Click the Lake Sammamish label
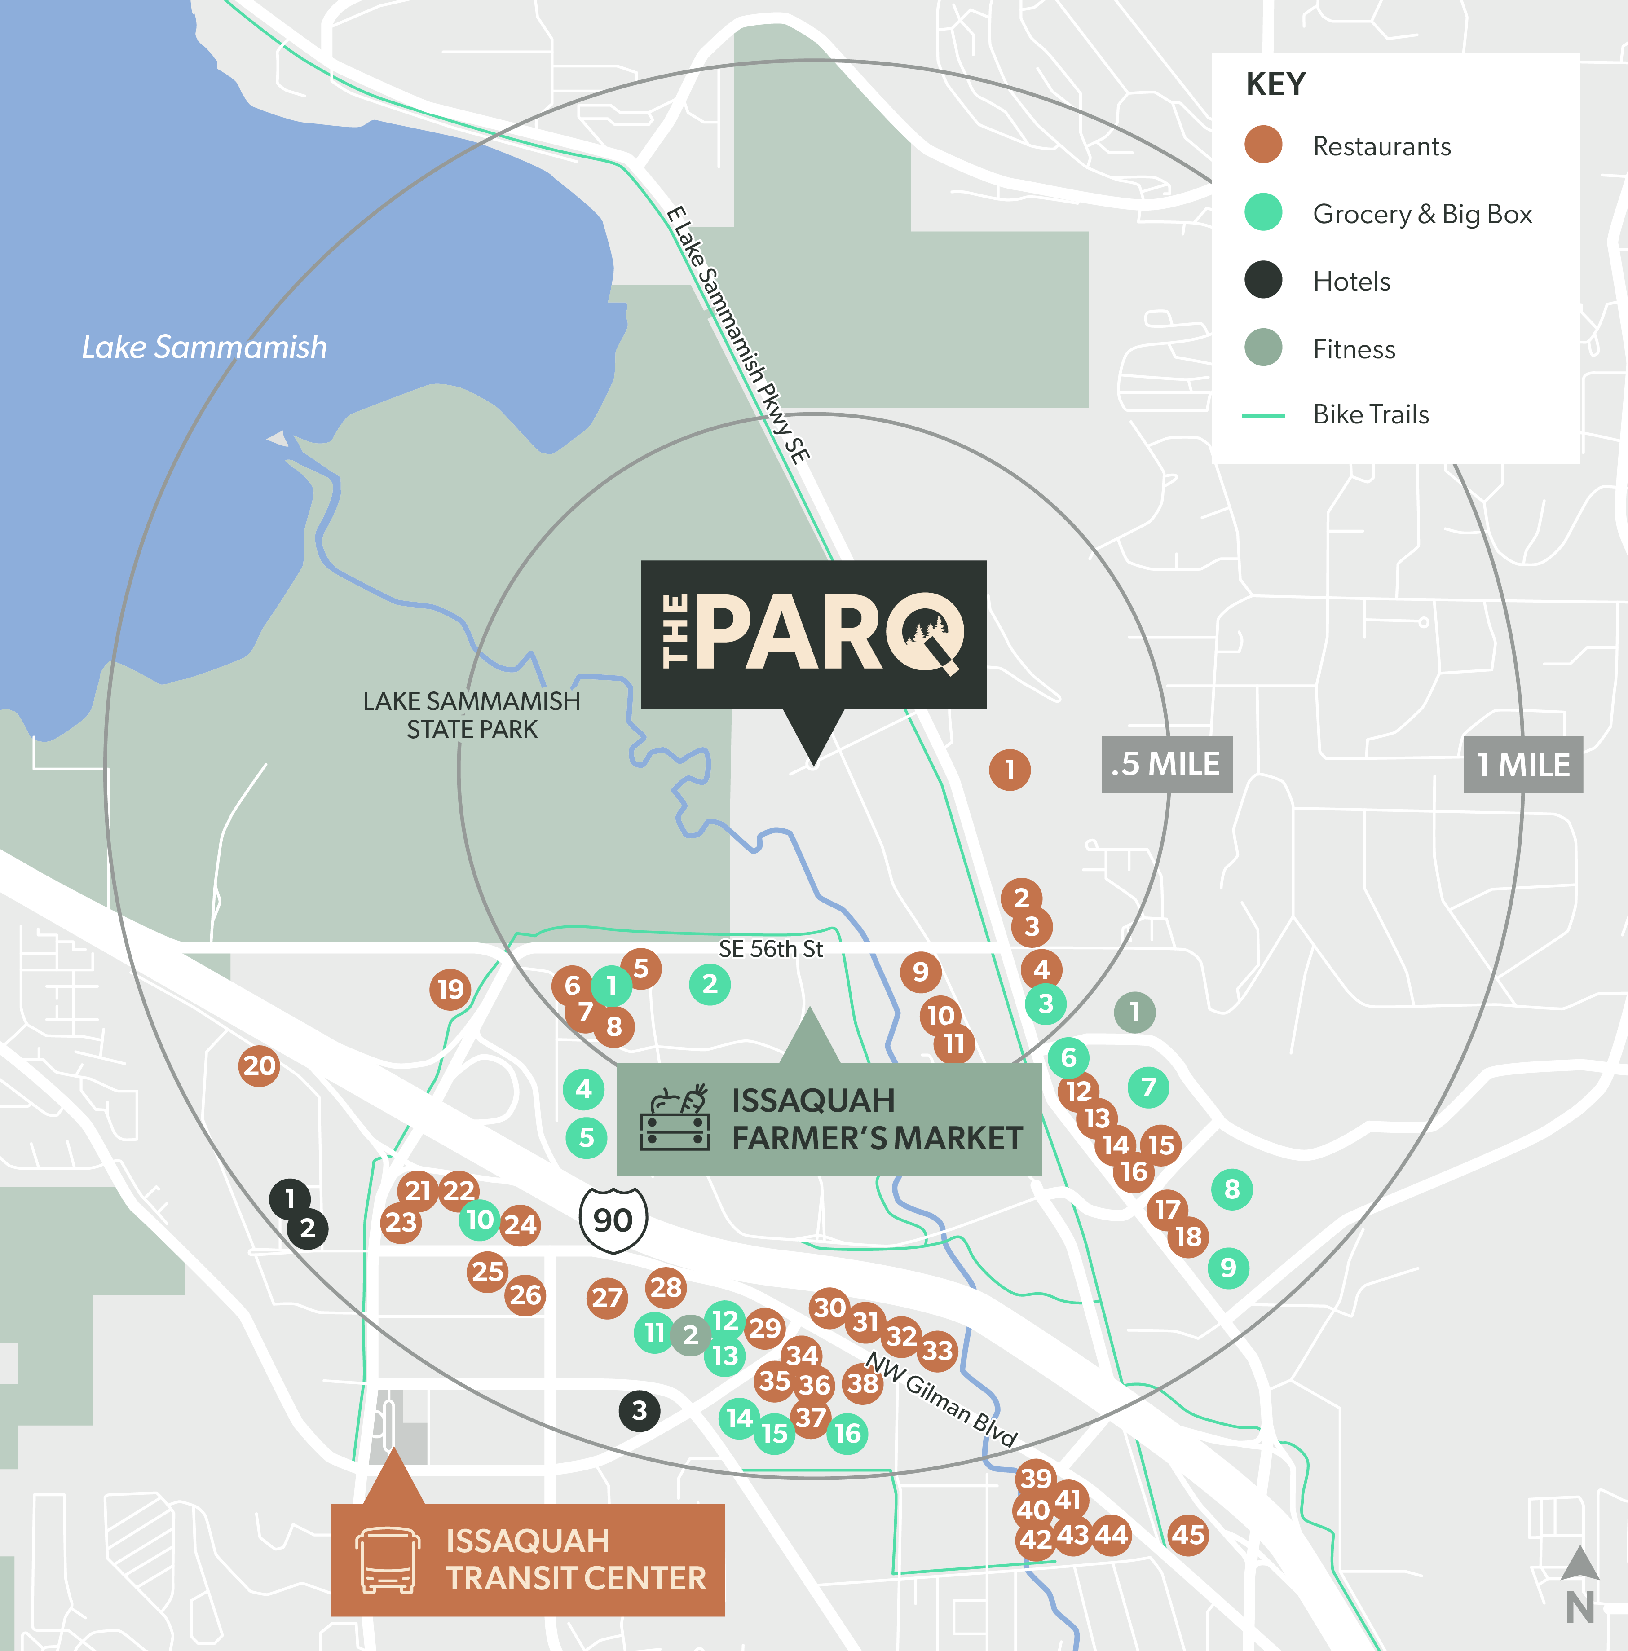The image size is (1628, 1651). click(x=204, y=347)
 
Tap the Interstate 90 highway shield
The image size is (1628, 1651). click(x=613, y=1220)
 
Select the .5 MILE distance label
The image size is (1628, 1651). click(x=1166, y=764)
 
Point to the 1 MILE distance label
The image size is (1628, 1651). click(x=1523, y=764)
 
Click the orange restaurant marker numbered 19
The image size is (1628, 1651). click(x=450, y=990)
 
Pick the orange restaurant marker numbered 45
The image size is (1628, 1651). click(x=1188, y=1535)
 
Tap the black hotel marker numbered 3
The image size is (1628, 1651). click(x=639, y=1411)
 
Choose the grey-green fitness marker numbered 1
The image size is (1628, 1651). click(x=1135, y=1013)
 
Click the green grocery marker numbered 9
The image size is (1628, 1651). click(x=1228, y=1267)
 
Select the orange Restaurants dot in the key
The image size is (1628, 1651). click(x=1263, y=145)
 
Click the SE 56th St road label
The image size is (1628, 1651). click(x=771, y=949)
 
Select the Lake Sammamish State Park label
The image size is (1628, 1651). click(x=472, y=715)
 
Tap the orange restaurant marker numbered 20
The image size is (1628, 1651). click(x=260, y=1065)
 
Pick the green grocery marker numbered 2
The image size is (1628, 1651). click(x=709, y=984)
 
